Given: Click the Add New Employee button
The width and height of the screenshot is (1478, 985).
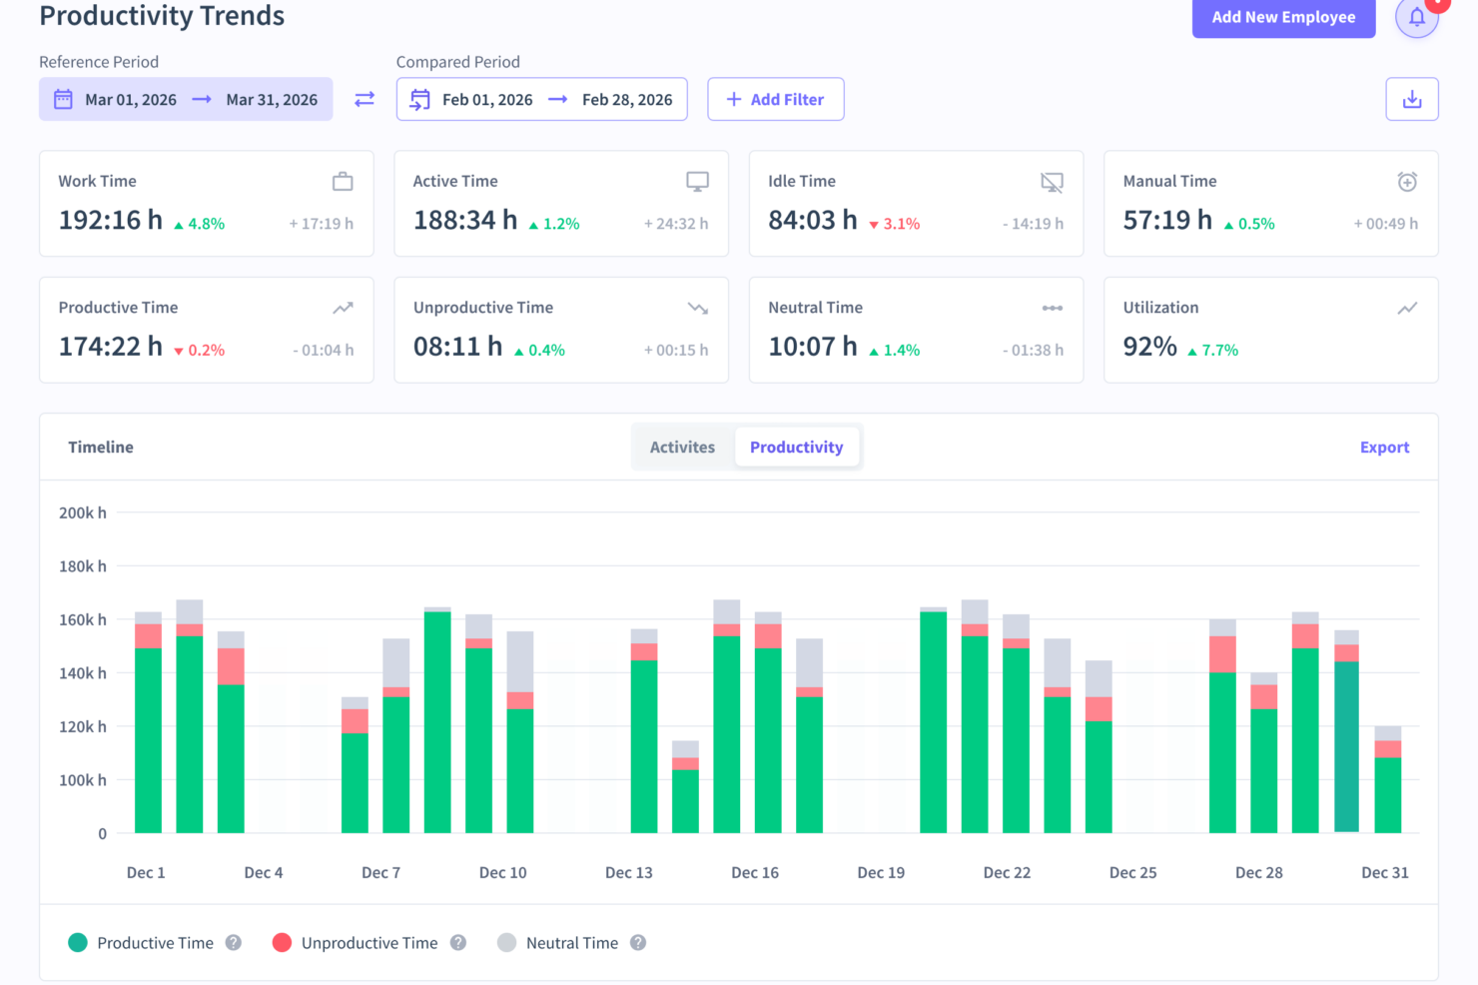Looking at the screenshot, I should pyautogui.click(x=1283, y=17).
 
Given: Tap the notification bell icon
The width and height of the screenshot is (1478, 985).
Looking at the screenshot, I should pyautogui.click(x=1416, y=17).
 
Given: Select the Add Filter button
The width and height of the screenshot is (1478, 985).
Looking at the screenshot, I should pyautogui.click(x=775, y=99).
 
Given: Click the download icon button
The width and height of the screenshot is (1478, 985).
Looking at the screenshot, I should pyautogui.click(x=1411, y=99).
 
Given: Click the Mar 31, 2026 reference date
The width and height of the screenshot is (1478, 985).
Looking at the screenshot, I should pyautogui.click(x=272, y=100).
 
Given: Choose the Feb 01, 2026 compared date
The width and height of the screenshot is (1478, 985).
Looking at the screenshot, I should pyautogui.click(x=487, y=100).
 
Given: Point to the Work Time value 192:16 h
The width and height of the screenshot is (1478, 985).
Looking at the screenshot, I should pyautogui.click(x=110, y=220).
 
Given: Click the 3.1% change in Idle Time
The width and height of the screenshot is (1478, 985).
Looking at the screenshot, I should pyautogui.click(x=900, y=224).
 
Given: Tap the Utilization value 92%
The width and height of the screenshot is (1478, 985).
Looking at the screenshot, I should pyautogui.click(x=1149, y=347).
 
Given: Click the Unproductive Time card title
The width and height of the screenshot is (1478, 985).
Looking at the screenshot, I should pyautogui.click(x=483, y=308).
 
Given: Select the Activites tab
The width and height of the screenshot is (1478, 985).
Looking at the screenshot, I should pyautogui.click(x=682, y=447).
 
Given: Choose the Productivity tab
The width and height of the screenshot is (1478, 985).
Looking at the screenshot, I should pyautogui.click(x=796, y=447).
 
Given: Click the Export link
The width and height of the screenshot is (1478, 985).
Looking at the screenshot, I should pyautogui.click(x=1384, y=448).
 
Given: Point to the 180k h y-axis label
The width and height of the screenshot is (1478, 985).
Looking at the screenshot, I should pyautogui.click(x=83, y=566).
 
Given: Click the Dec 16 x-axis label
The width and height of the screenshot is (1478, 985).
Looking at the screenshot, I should pyautogui.click(x=755, y=872).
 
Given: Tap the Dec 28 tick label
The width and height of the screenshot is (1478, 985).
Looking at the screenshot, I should pyautogui.click(x=1258, y=872).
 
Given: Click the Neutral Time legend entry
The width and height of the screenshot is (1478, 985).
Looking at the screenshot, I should pyautogui.click(x=571, y=943).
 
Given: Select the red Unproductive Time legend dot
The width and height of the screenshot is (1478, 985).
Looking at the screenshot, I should pyautogui.click(x=282, y=942).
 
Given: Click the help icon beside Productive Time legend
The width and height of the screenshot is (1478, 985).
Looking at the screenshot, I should pyautogui.click(x=234, y=942).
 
